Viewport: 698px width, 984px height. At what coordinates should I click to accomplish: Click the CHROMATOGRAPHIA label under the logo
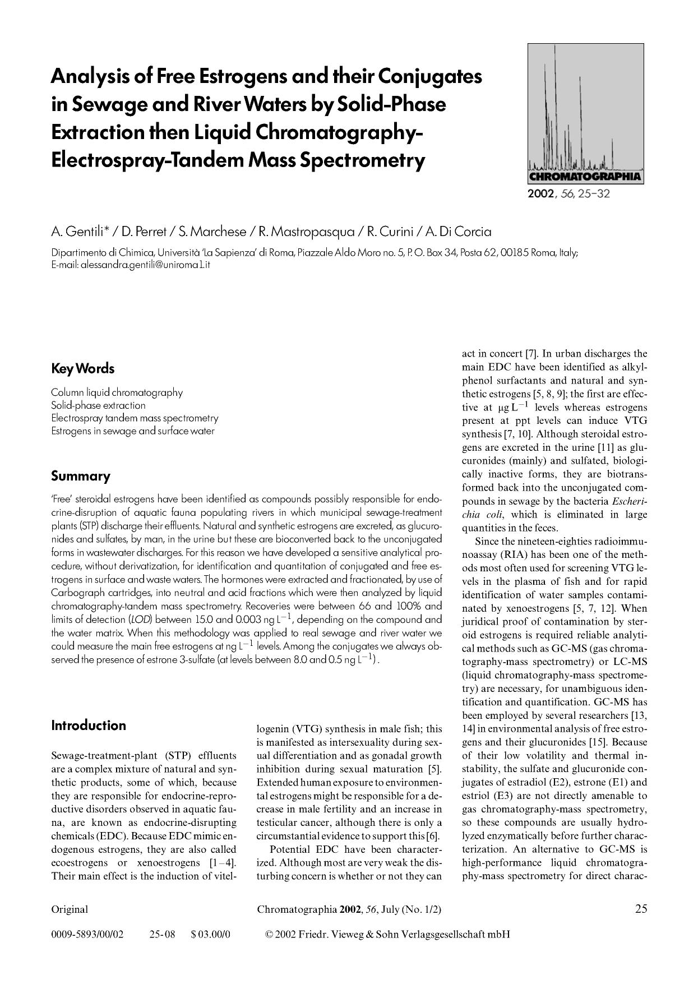click(x=585, y=177)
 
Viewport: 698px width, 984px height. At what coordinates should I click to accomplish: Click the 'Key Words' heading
click(x=82, y=369)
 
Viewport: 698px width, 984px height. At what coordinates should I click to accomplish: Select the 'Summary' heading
click(x=80, y=476)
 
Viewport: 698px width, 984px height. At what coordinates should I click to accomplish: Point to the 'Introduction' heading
click(x=89, y=726)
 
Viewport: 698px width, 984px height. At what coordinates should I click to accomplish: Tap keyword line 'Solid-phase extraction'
click(x=98, y=405)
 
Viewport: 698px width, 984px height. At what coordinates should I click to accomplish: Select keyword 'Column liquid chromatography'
click(x=117, y=392)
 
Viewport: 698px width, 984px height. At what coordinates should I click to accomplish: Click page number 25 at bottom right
click(x=641, y=909)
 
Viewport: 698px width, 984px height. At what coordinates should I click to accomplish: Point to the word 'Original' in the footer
click(x=70, y=909)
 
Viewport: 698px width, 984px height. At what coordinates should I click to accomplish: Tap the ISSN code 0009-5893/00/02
click(x=87, y=935)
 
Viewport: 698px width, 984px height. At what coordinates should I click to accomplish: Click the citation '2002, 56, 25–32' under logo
click(x=568, y=195)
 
